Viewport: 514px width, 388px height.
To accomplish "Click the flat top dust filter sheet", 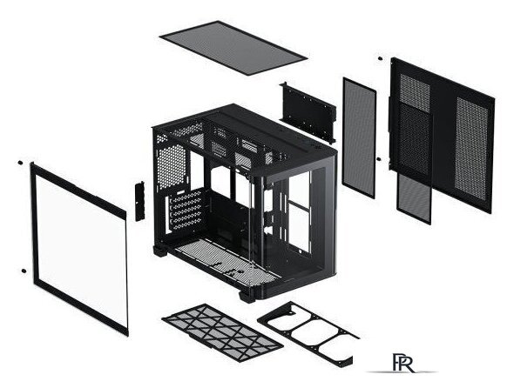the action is click(x=233, y=48).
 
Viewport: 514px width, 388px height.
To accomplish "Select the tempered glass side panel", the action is click(x=79, y=248).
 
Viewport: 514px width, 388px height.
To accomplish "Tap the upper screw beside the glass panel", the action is click(x=20, y=163).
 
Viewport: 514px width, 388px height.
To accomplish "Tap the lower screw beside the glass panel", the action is click(x=24, y=271).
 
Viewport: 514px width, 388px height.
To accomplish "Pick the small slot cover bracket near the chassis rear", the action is click(x=140, y=201).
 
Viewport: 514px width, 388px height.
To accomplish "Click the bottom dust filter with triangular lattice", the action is click(x=222, y=332).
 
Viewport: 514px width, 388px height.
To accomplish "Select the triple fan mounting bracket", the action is click(x=308, y=333).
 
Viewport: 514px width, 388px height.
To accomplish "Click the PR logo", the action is click(x=402, y=363).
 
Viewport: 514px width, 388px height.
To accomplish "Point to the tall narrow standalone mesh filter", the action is click(x=359, y=137).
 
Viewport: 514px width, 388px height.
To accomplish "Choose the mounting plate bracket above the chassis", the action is click(x=308, y=112).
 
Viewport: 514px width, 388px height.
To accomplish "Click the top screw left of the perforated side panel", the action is click(x=380, y=58).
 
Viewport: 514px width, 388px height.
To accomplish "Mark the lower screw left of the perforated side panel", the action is click(x=379, y=159).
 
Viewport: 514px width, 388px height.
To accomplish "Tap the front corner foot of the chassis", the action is click(x=247, y=297).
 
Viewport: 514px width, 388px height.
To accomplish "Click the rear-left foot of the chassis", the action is click(x=160, y=251).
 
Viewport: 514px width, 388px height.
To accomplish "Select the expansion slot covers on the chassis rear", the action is click(x=185, y=211).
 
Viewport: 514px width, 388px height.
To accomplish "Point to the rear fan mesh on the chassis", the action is click(x=172, y=166).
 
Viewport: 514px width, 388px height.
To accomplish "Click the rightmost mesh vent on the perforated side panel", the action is click(x=471, y=149).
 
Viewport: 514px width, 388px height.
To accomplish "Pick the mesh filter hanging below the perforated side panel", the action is click(x=414, y=198).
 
